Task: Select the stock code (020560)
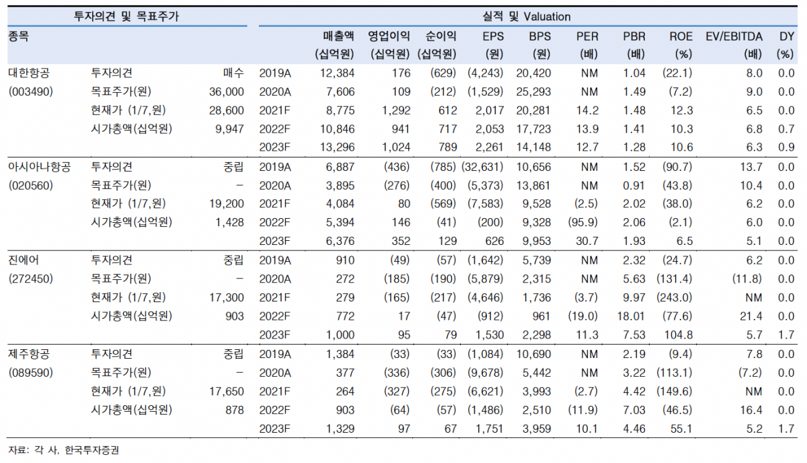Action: point(30,186)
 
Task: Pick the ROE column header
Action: point(681,36)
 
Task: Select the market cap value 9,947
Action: point(231,129)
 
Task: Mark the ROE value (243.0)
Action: point(676,297)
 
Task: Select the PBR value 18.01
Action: point(633,316)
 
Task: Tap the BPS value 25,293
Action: point(535,92)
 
